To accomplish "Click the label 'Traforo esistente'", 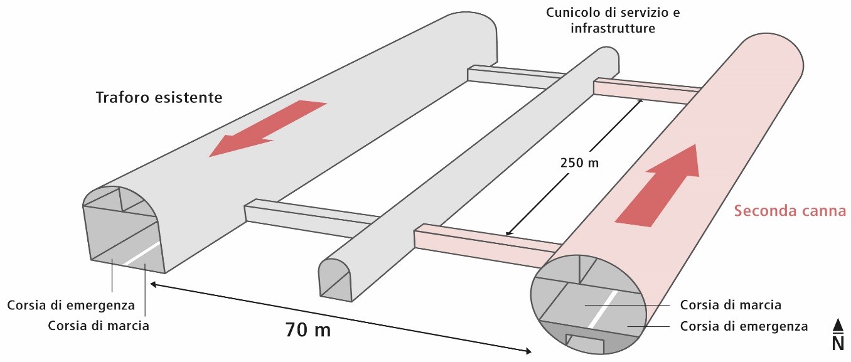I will (159, 98).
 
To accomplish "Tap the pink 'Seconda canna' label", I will (790, 211).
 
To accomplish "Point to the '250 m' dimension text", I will (579, 164).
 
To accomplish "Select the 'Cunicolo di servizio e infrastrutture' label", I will (613, 20).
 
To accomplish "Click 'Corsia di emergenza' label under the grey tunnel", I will (72, 306).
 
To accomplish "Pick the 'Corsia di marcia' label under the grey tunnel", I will (99, 326).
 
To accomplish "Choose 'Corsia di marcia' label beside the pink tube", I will (731, 306).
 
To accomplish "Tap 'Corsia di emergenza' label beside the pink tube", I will (744, 326).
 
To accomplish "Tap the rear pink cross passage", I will (646, 92).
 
